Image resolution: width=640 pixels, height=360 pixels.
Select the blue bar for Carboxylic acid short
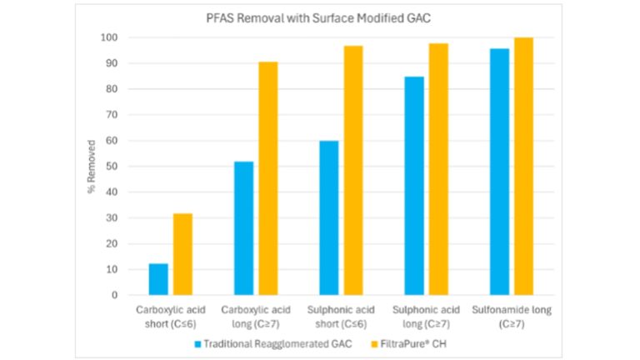click(x=158, y=279)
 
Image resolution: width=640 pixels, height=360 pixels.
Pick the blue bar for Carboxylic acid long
click(x=243, y=228)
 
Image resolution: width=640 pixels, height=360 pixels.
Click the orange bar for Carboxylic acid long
click(x=268, y=178)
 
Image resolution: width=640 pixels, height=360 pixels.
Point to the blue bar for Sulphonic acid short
click(x=329, y=217)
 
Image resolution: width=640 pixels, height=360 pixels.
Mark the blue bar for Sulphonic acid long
click(x=414, y=186)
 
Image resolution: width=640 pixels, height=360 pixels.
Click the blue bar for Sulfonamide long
click(x=499, y=172)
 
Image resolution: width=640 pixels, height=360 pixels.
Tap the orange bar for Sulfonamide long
click(x=523, y=166)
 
